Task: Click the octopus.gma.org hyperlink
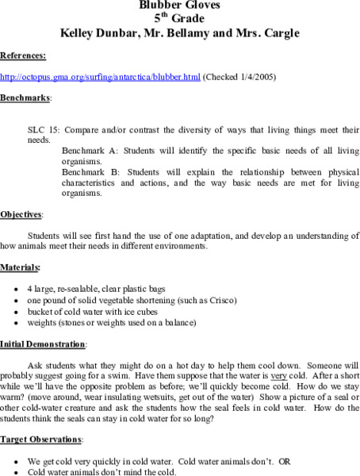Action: tap(101, 77)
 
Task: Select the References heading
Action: tap(22, 56)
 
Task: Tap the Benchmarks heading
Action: tap(25, 98)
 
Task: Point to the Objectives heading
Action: tap(21, 214)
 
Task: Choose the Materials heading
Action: tap(21, 267)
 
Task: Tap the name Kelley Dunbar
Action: tap(93, 33)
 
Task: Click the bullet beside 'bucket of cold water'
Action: tap(17, 312)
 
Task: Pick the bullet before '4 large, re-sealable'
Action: tap(17, 290)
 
